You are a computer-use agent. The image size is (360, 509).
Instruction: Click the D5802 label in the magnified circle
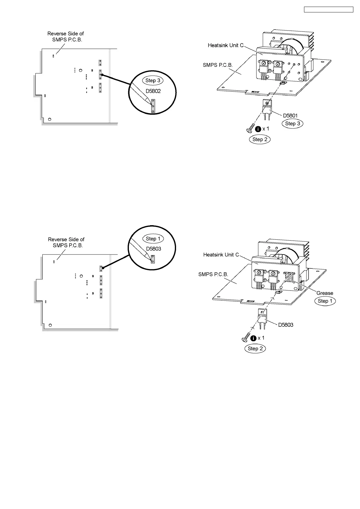(153, 91)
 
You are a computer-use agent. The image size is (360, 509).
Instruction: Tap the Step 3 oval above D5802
(153, 80)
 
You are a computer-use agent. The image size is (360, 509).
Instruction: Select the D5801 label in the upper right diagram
(290, 115)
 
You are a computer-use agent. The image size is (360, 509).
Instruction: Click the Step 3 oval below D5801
(293, 123)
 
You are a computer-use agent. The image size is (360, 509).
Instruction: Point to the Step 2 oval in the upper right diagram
(260, 139)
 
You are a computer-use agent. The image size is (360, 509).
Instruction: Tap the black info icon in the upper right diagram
(258, 129)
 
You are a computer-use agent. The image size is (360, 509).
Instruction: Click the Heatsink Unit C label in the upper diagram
(225, 45)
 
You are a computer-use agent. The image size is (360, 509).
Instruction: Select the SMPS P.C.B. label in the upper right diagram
(218, 65)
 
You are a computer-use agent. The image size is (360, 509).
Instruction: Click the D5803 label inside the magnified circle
(154, 249)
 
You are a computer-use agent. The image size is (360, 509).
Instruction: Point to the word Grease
(325, 293)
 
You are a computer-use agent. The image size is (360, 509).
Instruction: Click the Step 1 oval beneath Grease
(325, 301)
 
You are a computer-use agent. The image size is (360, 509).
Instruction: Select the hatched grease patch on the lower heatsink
(289, 277)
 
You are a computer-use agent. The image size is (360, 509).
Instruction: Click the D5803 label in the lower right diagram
(286, 325)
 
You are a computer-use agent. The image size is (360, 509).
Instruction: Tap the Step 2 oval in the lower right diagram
(255, 349)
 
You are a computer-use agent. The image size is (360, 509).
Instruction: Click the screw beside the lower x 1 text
(245, 339)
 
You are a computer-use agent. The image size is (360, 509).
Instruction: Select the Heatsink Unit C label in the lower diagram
(221, 255)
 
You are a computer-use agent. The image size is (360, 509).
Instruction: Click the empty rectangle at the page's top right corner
(328, 10)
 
